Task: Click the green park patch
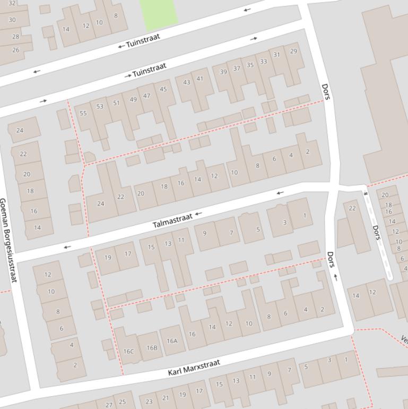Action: point(159,13)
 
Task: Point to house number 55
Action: point(83,113)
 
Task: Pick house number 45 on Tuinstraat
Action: point(163,89)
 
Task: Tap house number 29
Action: point(293,52)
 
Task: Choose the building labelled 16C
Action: point(128,351)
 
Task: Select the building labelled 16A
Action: point(172,341)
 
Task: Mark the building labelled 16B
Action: point(152,348)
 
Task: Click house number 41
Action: point(199,79)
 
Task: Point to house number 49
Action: point(133,99)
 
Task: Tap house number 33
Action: point(263,62)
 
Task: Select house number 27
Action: point(109,405)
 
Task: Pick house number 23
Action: point(149,402)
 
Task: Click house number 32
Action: point(12,3)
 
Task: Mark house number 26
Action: point(15,50)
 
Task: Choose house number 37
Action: point(237,69)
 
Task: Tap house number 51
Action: point(116,103)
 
